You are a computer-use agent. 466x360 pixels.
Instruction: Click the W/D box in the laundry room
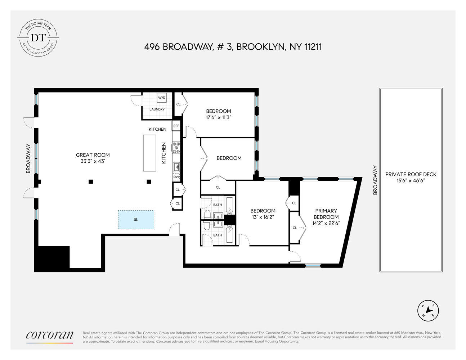click(x=161, y=98)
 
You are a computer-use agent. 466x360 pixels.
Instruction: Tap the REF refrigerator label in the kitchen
click(x=176, y=126)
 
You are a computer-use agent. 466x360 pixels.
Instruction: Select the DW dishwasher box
click(x=176, y=177)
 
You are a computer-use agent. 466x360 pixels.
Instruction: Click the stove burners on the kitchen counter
click(x=176, y=148)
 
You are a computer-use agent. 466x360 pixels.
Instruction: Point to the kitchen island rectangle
click(x=150, y=153)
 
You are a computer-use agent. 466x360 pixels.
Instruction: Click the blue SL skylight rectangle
click(x=136, y=220)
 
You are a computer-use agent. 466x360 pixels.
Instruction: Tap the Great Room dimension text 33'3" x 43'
click(x=93, y=161)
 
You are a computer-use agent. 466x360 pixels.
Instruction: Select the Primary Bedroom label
click(x=326, y=214)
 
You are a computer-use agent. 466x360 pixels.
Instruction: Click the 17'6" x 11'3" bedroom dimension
click(x=218, y=117)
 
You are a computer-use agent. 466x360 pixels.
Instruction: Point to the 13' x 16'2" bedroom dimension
click(x=263, y=217)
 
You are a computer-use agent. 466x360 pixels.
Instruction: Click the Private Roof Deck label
click(x=411, y=174)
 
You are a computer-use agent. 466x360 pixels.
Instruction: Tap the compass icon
click(x=428, y=310)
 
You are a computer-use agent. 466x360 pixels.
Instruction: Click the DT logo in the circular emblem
click(x=38, y=37)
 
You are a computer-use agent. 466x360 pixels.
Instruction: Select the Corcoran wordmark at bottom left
click(x=50, y=335)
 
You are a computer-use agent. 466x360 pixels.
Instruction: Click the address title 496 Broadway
click(x=233, y=47)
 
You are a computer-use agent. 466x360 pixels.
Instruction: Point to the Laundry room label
click(x=157, y=109)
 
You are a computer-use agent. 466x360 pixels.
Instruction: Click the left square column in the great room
click(x=91, y=181)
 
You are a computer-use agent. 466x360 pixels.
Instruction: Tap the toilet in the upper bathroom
click(x=207, y=215)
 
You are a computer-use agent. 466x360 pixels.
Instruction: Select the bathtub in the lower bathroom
click(x=229, y=235)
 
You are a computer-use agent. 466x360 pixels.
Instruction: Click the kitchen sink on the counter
click(x=176, y=167)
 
